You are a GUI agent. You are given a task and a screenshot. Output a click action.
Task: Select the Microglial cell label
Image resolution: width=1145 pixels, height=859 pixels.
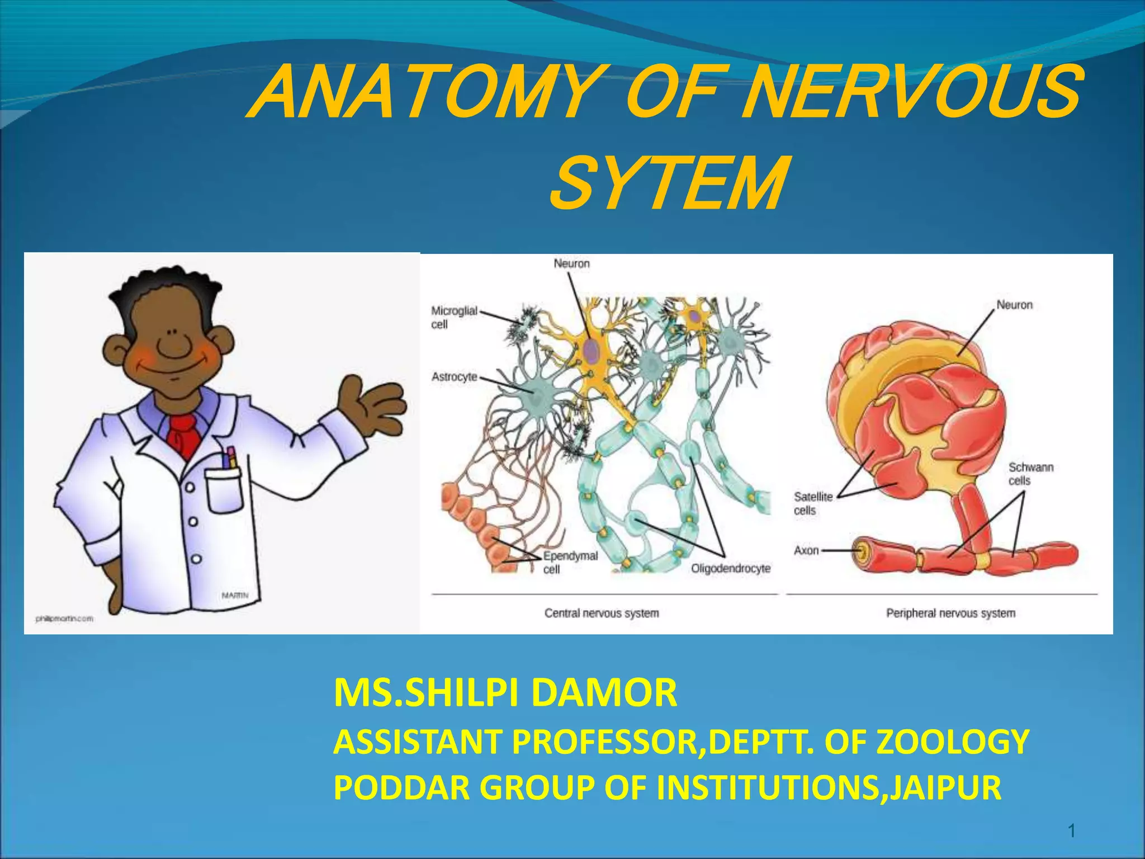coord(453,317)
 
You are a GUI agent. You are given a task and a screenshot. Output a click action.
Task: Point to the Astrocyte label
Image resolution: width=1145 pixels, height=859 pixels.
coord(454,377)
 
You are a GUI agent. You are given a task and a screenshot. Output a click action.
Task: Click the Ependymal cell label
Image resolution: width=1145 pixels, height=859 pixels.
coord(570,563)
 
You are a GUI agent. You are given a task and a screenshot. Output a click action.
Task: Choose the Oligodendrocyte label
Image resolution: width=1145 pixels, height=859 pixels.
coord(730,568)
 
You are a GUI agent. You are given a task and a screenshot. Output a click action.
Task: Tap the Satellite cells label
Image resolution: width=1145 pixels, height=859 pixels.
coord(812,503)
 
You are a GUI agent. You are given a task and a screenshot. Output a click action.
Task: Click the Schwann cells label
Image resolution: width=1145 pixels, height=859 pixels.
coord(1030,474)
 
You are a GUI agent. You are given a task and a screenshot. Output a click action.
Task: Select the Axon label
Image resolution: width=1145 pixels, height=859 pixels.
coord(806,550)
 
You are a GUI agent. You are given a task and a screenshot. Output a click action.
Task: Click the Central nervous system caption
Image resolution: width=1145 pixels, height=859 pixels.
coord(602,613)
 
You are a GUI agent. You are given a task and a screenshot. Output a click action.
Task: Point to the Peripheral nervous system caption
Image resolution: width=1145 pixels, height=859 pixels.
coord(950,613)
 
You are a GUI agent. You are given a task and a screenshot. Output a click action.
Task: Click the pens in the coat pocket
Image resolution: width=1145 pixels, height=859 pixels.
coord(230,458)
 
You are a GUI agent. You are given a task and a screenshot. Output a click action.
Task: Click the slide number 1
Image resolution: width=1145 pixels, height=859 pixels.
coord(1072,832)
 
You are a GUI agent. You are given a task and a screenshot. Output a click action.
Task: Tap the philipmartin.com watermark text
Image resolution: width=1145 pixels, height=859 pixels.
coord(64,619)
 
